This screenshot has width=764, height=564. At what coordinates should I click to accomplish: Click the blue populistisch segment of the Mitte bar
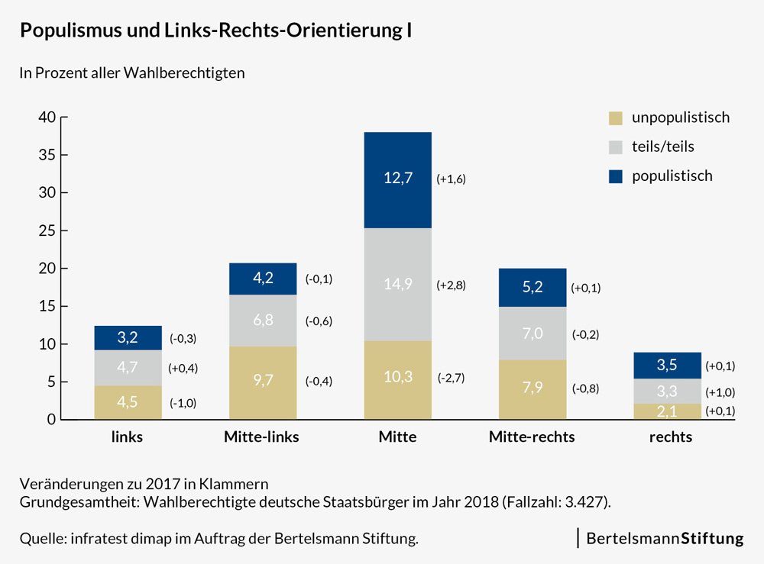point(397,180)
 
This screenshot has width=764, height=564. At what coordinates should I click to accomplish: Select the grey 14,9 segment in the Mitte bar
point(397,285)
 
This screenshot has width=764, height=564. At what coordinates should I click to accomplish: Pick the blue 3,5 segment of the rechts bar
point(667,366)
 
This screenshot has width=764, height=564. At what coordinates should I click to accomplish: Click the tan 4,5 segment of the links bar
point(128,402)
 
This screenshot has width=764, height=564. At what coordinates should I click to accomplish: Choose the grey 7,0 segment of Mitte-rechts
point(533,334)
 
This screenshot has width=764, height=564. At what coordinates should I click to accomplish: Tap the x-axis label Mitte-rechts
point(532,437)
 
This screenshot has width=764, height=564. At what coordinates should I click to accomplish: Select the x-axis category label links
point(127,437)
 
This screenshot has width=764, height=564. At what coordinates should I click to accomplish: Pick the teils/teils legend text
point(663,147)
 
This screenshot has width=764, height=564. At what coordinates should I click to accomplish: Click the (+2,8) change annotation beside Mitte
point(451,285)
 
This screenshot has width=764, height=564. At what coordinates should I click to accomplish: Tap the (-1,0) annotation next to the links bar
point(183,403)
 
